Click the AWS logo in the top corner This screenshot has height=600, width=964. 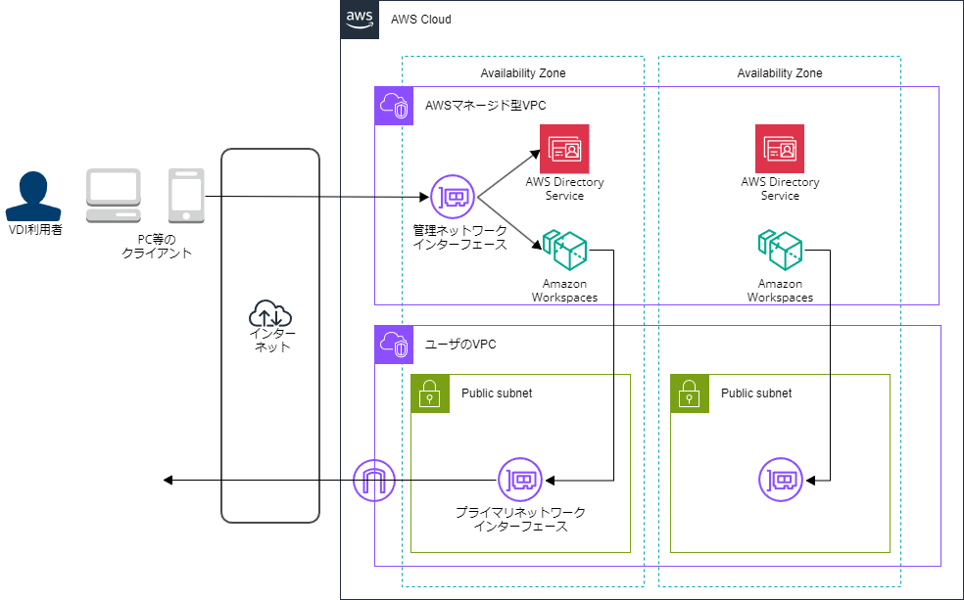pyautogui.click(x=359, y=20)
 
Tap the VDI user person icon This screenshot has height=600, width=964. pyautogui.click(x=34, y=196)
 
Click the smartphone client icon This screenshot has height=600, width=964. pyautogui.click(x=186, y=195)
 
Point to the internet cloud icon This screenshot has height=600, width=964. pyautogui.click(x=270, y=314)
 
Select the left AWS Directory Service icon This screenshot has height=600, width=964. pyautogui.click(x=564, y=149)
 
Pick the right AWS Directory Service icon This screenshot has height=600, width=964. pyautogui.click(x=780, y=149)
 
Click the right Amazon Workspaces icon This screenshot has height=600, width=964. pyautogui.click(x=780, y=252)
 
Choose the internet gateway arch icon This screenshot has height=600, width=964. pyautogui.click(x=374, y=481)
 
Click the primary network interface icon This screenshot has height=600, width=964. pyautogui.click(x=519, y=481)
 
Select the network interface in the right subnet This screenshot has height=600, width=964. pyautogui.click(x=781, y=481)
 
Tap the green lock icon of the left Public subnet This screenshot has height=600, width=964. pyautogui.click(x=430, y=393)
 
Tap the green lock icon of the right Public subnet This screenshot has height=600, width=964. pyautogui.click(x=690, y=393)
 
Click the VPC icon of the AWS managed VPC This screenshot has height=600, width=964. pyautogui.click(x=394, y=106)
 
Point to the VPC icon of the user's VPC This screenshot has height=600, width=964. pyautogui.click(x=394, y=345)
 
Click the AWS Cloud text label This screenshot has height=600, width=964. pyautogui.click(x=421, y=20)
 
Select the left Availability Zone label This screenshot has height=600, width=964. pyautogui.click(x=523, y=73)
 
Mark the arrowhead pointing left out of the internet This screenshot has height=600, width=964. pyautogui.click(x=169, y=481)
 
